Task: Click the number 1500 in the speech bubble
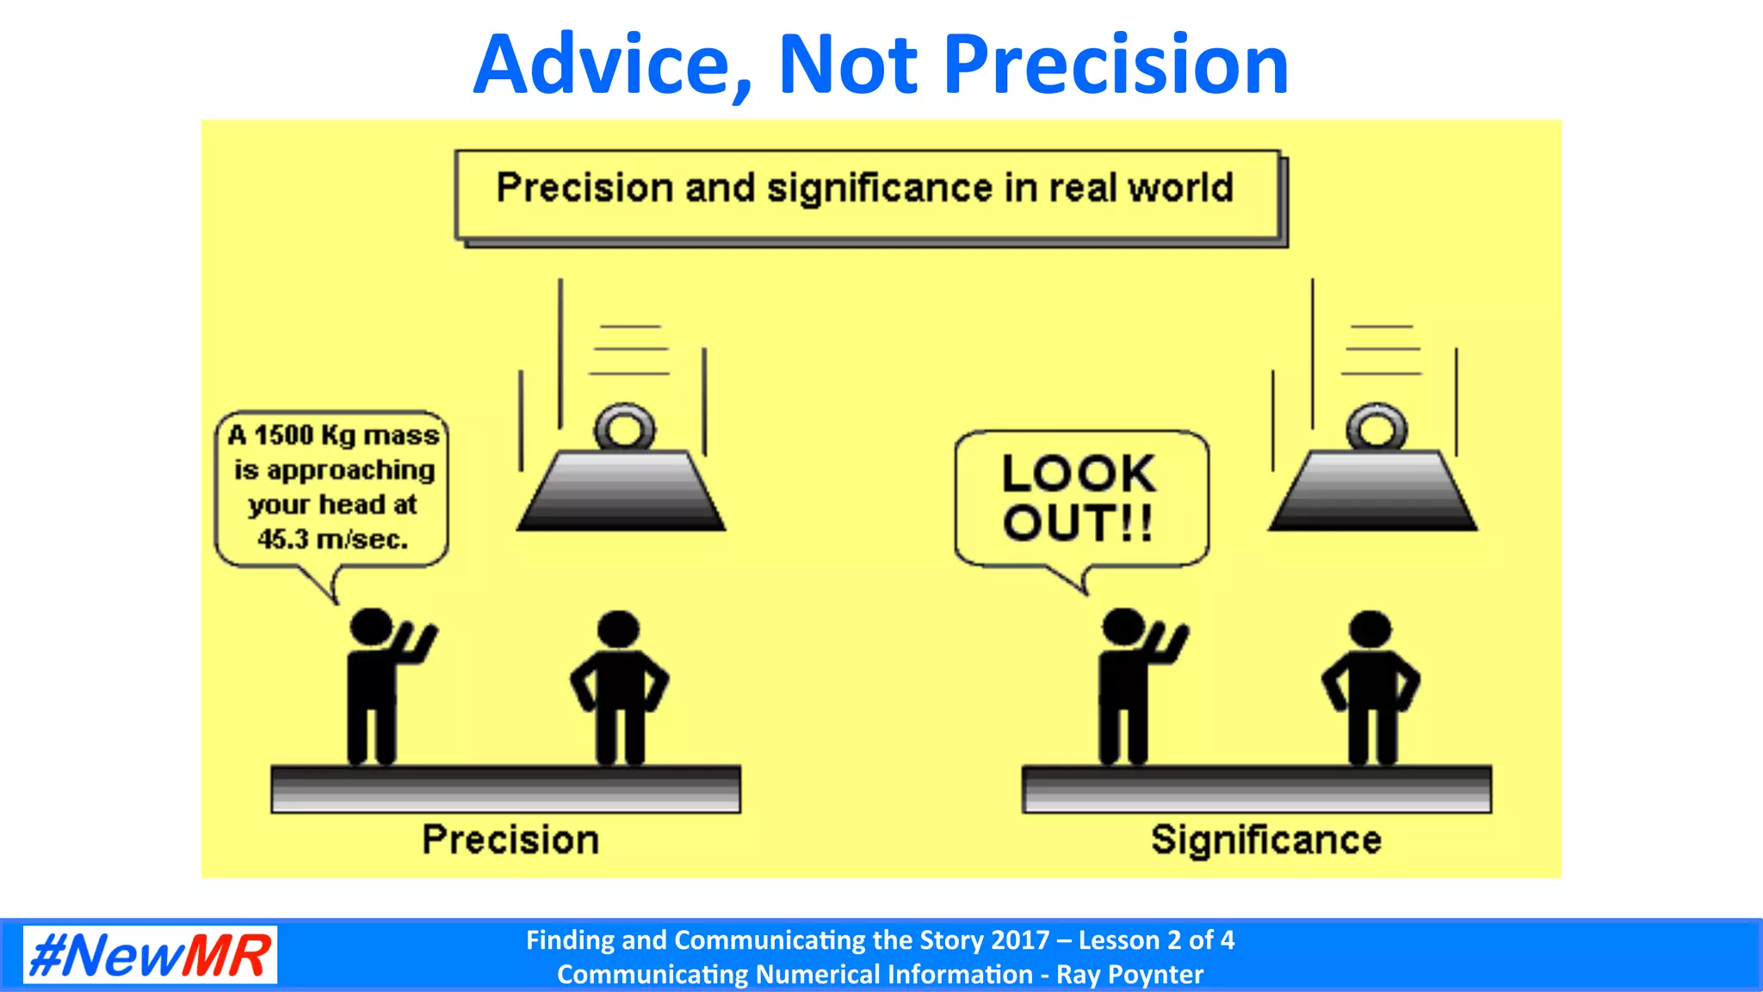pyautogui.click(x=283, y=435)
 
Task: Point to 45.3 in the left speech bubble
pyautogui.click(x=282, y=540)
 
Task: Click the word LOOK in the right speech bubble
pyautogui.click(x=1079, y=474)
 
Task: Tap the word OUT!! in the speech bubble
pyautogui.click(x=1077, y=524)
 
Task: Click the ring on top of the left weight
pyautogui.click(x=624, y=427)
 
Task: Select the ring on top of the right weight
pyautogui.click(x=1376, y=427)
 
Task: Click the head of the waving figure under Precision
pyautogui.click(x=371, y=627)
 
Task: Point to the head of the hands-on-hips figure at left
pyautogui.click(x=618, y=629)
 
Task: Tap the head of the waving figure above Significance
pyautogui.click(x=1123, y=627)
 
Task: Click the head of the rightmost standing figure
pyautogui.click(x=1370, y=629)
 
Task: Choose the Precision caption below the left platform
pyautogui.click(x=510, y=840)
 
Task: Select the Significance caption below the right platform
pyautogui.click(x=1265, y=840)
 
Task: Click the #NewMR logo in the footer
pyautogui.click(x=150, y=955)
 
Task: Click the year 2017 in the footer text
pyautogui.click(x=1020, y=939)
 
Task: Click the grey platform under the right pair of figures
pyautogui.click(x=1257, y=789)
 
